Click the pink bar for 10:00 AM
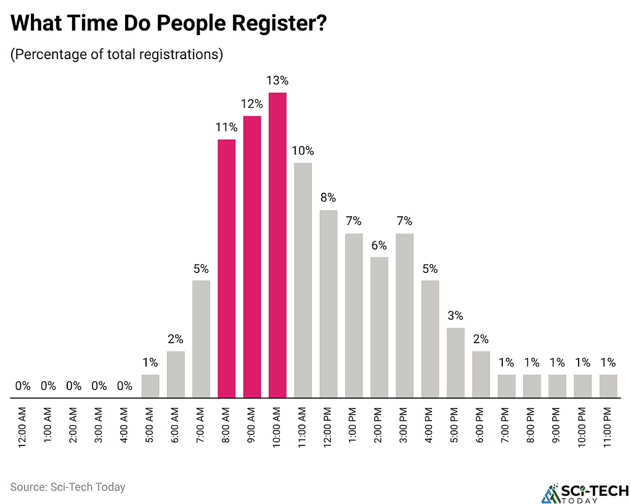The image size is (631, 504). pyautogui.click(x=277, y=245)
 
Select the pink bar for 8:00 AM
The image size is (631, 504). pyautogui.click(x=227, y=268)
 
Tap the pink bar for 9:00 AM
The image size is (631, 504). pyautogui.click(x=252, y=256)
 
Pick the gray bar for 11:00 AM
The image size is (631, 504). pyautogui.click(x=303, y=280)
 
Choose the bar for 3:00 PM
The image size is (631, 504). pyautogui.click(x=405, y=315)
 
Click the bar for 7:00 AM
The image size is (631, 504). pyautogui.click(x=201, y=338)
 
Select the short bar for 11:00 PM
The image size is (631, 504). pyautogui.click(x=609, y=385)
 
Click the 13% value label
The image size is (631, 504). pyautogui.click(x=277, y=81)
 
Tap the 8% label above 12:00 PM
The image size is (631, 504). pyautogui.click(x=328, y=198)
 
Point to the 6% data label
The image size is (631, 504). pyautogui.click(x=379, y=245)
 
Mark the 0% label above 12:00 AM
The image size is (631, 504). pyautogui.click(x=23, y=386)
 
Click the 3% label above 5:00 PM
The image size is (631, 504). pyautogui.click(x=456, y=315)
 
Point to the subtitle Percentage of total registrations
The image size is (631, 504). pyautogui.click(x=116, y=54)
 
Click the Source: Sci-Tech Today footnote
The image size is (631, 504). pyautogui.click(x=68, y=487)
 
